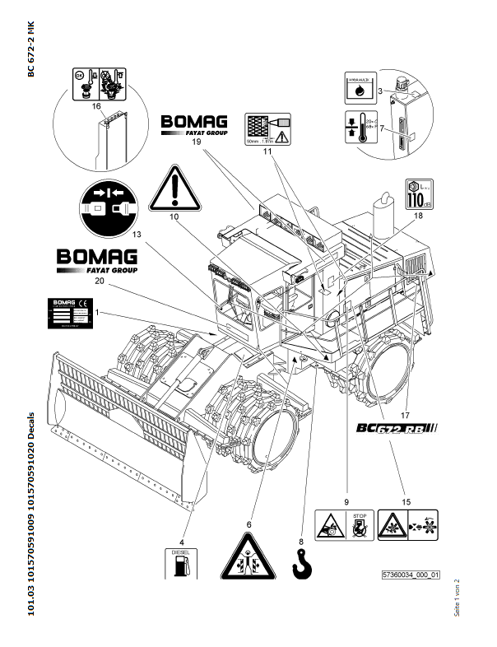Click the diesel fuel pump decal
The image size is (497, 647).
[183, 561]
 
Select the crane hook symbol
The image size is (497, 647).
[304, 563]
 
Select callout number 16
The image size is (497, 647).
[96, 107]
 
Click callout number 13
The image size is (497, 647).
[136, 235]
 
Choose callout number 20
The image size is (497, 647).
[99, 281]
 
